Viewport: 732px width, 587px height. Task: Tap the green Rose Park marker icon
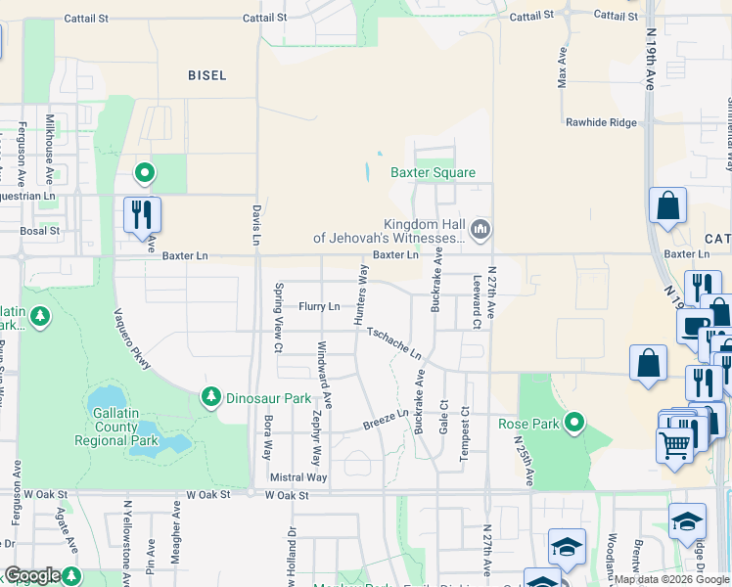[574, 423]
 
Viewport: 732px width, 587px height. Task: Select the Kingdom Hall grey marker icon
[480, 230]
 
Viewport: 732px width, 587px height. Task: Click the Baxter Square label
[433, 173]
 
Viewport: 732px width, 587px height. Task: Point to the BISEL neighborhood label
[206, 75]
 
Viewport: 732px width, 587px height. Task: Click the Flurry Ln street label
[319, 306]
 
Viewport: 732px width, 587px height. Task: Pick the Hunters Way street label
[362, 294]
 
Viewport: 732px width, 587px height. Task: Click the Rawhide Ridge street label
[601, 122]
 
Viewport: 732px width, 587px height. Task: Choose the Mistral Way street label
[298, 477]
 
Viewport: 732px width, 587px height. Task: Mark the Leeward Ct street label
[476, 300]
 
